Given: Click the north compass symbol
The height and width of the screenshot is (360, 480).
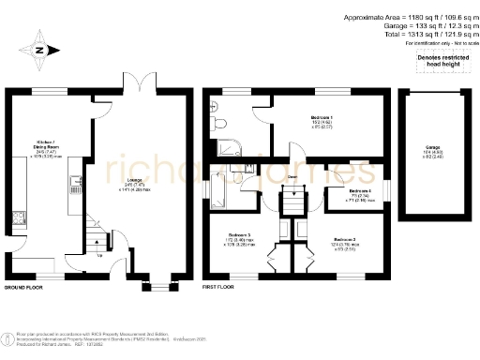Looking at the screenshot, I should click(x=38, y=51).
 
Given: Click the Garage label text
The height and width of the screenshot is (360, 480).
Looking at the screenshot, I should click(x=433, y=148).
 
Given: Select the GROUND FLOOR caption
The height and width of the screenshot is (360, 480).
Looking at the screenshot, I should click(x=26, y=287).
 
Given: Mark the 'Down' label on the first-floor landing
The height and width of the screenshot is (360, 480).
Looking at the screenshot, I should click(x=293, y=177).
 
